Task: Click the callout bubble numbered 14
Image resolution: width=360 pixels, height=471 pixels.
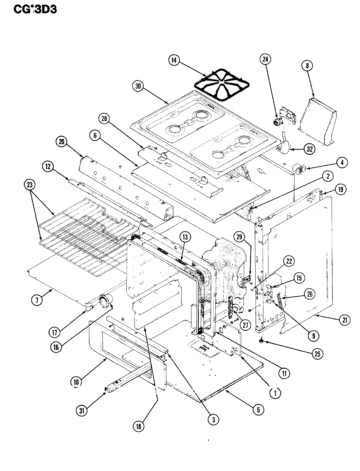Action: click(x=174, y=60)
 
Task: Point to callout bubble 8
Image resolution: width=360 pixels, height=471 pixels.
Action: click(x=307, y=66)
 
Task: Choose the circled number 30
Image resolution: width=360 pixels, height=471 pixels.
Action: click(x=138, y=86)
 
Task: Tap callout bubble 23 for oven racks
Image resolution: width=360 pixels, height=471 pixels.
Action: click(x=30, y=184)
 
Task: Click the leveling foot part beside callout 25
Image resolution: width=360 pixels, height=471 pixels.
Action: click(x=261, y=341)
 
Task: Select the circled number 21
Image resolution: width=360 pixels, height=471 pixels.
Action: click(x=344, y=320)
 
